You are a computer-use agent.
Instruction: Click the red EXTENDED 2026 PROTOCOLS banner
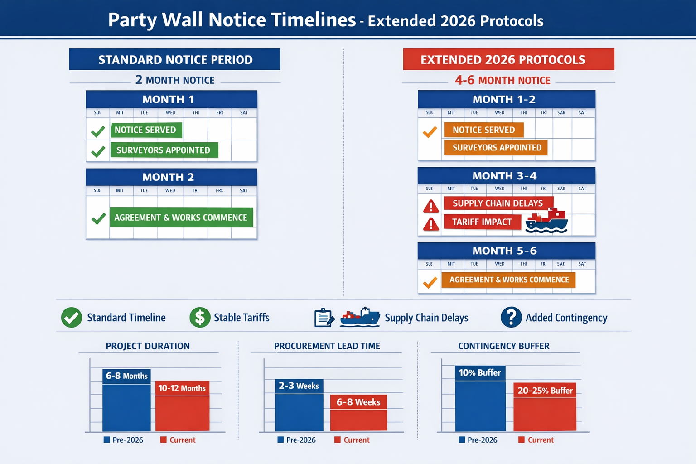click(x=508, y=59)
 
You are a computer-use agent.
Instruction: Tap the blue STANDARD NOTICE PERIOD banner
click(x=174, y=59)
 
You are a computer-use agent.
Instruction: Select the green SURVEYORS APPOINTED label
click(x=164, y=150)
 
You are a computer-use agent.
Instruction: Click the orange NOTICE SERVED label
click(x=483, y=130)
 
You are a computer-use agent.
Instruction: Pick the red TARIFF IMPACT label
click(x=482, y=222)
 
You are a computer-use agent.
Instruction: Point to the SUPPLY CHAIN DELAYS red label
click(x=498, y=203)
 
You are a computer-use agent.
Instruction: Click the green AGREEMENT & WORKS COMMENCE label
click(x=180, y=217)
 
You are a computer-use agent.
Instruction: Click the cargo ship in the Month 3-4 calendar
click(x=547, y=221)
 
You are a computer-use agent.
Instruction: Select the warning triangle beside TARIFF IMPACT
click(x=431, y=224)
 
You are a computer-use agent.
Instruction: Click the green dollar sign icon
click(x=200, y=317)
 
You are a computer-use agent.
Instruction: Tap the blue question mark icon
click(x=511, y=317)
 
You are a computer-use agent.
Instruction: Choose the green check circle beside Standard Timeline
click(x=72, y=317)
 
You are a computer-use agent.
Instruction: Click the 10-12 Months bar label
click(x=182, y=388)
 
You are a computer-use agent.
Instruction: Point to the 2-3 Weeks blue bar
click(x=299, y=406)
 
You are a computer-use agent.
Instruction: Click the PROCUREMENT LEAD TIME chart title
click(x=327, y=346)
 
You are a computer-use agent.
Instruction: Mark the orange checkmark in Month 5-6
click(x=430, y=282)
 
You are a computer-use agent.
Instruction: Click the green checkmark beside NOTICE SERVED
click(x=98, y=131)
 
